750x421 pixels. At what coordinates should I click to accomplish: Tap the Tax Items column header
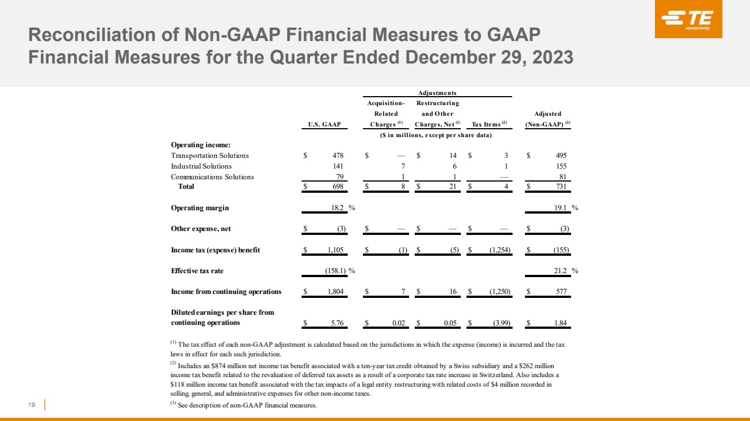click(489, 124)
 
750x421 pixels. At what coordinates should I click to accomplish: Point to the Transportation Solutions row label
click(209, 156)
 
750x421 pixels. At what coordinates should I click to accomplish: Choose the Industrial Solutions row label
click(201, 166)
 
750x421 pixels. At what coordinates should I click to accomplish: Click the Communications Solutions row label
click(212, 177)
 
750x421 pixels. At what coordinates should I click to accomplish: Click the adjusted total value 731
click(560, 187)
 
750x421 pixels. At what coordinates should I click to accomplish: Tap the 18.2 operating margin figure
click(338, 208)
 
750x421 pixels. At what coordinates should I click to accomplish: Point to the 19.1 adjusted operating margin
click(559, 208)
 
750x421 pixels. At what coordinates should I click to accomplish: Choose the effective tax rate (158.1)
click(335, 271)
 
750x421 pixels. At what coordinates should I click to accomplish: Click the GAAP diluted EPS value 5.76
click(338, 323)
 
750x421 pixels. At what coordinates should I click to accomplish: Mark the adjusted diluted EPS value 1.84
click(560, 323)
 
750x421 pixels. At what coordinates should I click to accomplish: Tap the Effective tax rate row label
click(197, 271)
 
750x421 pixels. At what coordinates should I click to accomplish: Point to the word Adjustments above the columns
click(438, 93)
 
